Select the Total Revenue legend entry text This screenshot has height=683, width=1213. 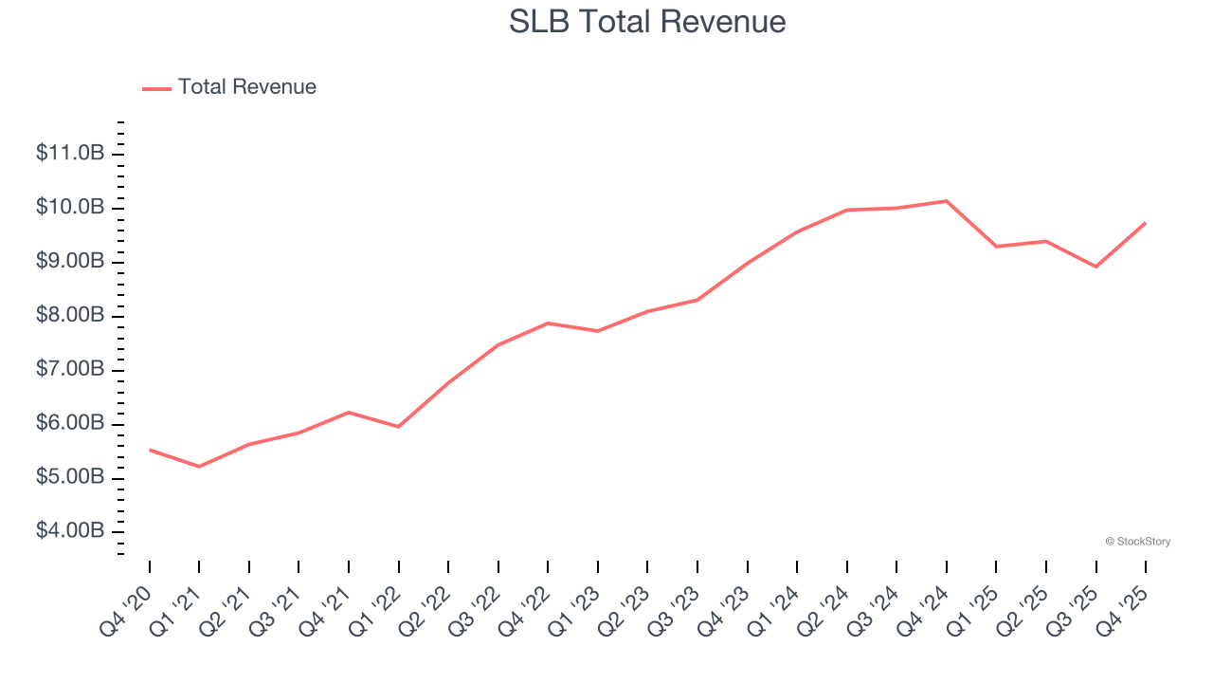[x=246, y=87]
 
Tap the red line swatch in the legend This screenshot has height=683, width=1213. [x=156, y=88]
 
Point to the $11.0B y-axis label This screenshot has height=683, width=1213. [x=69, y=153]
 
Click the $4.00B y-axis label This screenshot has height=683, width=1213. [x=69, y=530]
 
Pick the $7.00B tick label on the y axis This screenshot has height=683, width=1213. [x=69, y=368]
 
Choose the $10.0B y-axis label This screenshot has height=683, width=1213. [x=69, y=207]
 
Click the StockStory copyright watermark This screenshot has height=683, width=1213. [x=1137, y=542]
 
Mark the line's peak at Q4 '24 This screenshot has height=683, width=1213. [x=947, y=201]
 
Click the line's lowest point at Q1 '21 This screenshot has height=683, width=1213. [x=199, y=467]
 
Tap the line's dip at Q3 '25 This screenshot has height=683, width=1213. [x=1095, y=267]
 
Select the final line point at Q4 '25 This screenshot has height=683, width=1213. [x=1146, y=223]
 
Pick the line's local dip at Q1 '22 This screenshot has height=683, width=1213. [x=398, y=427]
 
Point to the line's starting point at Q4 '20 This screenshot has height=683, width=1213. [x=150, y=450]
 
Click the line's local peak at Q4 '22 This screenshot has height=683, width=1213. [x=548, y=323]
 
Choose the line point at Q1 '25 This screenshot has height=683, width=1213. [x=996, y=247]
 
